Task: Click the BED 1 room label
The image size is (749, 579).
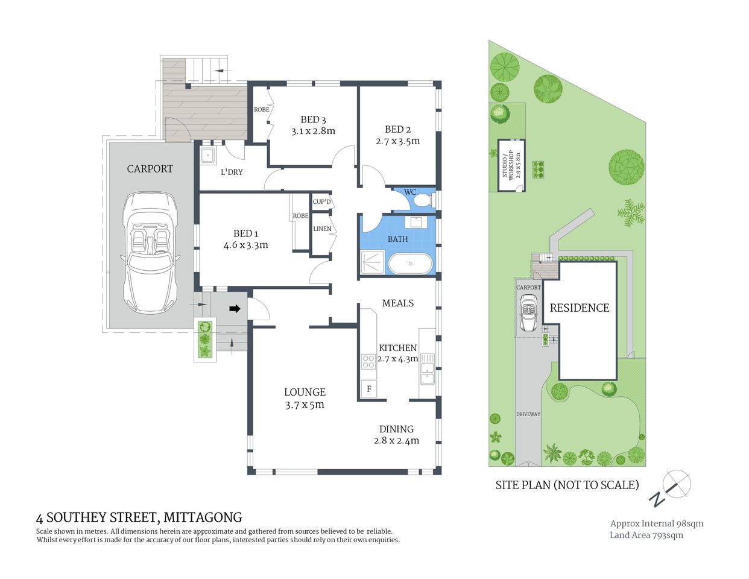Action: [245, 233]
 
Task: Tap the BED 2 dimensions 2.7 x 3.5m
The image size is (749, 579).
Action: [397, 141]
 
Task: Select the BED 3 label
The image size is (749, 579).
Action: [313, 119]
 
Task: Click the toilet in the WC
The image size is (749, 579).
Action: [426, 200]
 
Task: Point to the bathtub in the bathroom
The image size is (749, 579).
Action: [410, 264]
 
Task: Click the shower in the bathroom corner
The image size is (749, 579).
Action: [373, 263]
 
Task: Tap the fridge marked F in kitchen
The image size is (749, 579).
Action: [368, 389]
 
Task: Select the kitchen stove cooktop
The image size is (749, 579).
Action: [368, 362]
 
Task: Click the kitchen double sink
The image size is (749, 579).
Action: [427, 369]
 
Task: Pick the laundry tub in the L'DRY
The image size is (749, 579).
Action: [208, 154]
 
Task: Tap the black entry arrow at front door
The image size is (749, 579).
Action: [235, 309]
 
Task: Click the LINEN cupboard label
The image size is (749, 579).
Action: [322, 229]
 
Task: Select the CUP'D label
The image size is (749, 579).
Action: [321, 201]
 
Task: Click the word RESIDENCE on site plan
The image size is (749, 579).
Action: [580, 308]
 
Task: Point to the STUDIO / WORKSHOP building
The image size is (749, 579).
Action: [511, 165]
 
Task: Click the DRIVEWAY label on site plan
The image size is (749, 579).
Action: [528, 414]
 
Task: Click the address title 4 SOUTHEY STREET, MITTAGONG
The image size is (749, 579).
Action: [139, 517]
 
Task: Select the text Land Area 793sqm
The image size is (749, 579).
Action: [646, 535]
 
